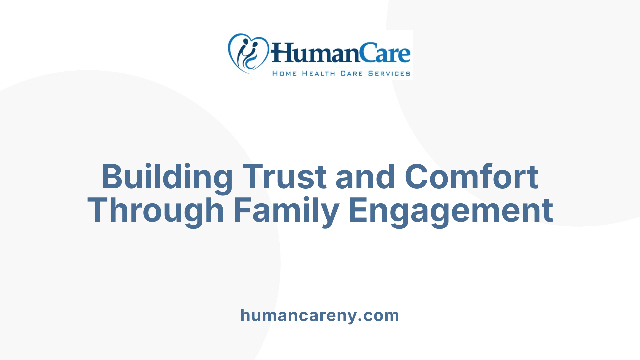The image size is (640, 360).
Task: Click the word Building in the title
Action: tap(167, 177)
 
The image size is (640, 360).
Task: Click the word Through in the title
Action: tap(156, 211)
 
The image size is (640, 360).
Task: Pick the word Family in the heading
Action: tap(286, 211)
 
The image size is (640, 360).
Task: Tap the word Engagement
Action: tap(451, 211)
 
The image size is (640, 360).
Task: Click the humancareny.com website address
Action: tap(320, 315)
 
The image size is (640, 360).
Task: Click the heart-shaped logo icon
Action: tap(248, 53)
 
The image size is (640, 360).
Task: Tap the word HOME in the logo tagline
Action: tap(284, 74)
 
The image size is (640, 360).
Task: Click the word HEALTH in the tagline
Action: tap(318, 74)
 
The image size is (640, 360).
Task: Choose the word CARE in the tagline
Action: tap(351, 74)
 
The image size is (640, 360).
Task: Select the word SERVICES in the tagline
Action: tap(389, 74)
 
